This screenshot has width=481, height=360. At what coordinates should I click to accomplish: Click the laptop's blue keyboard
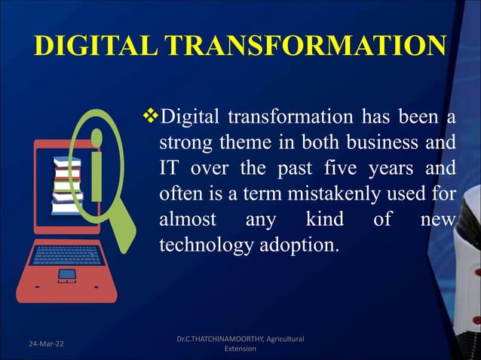click(67, 254)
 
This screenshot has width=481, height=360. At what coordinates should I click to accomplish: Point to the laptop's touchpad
click(67, 275)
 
